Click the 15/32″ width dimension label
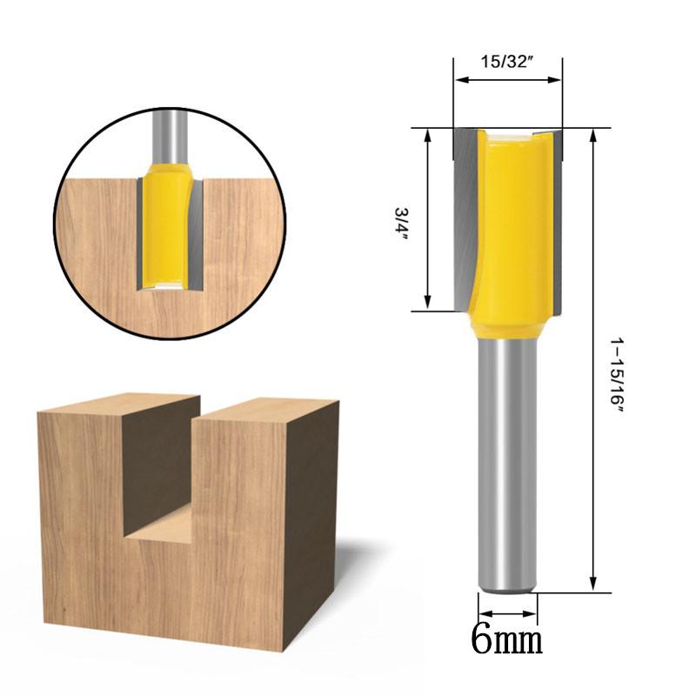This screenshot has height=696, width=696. click(x=507, y=62)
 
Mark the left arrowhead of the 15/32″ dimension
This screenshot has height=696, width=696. click(x=460, y=80)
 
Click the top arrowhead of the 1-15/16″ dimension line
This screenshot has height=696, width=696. click(x=594, y=135)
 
